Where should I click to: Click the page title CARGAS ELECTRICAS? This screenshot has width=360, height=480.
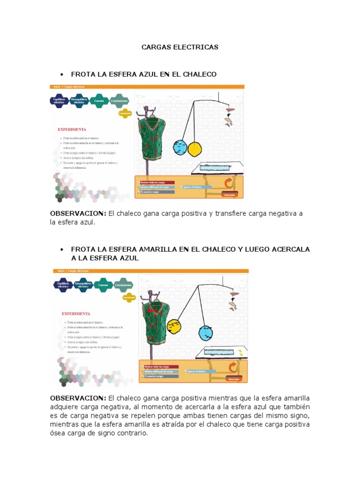click(x=180, y=47)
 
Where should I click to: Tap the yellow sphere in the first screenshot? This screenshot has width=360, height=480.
click(x=194, y=149)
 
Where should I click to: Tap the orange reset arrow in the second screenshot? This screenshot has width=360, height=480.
click(x=232, y=367)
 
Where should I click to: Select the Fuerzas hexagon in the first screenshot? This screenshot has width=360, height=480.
click(x=99, y=101)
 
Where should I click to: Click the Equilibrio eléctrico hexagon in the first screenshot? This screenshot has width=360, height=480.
click(x=59, y=101)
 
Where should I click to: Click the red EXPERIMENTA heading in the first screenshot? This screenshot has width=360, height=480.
click(x=72, y=129)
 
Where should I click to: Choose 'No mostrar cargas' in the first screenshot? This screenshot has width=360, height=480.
click(x=155, y=192)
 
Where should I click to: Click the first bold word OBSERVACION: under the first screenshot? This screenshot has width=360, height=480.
click(x=78, y=214)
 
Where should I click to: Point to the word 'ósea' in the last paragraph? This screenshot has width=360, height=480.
click(x=59, y=433)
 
